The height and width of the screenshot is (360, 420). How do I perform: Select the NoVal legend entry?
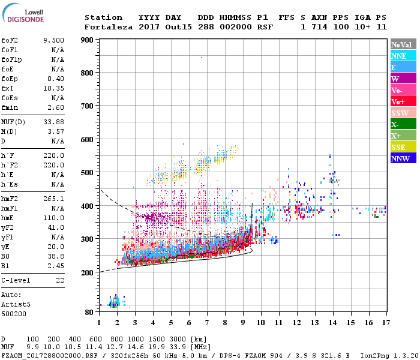403,44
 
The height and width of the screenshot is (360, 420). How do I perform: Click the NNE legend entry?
403,56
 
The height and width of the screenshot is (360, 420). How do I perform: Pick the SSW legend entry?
403,113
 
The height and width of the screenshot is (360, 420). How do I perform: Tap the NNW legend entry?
403,159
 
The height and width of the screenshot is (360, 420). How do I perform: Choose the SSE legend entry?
403,148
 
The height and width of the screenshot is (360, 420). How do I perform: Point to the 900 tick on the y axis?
88,40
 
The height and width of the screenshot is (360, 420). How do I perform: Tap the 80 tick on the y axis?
89,312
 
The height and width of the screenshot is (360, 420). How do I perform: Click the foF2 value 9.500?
53,40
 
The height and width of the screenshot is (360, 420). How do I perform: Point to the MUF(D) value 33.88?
53,122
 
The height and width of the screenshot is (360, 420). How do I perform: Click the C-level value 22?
60,280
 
